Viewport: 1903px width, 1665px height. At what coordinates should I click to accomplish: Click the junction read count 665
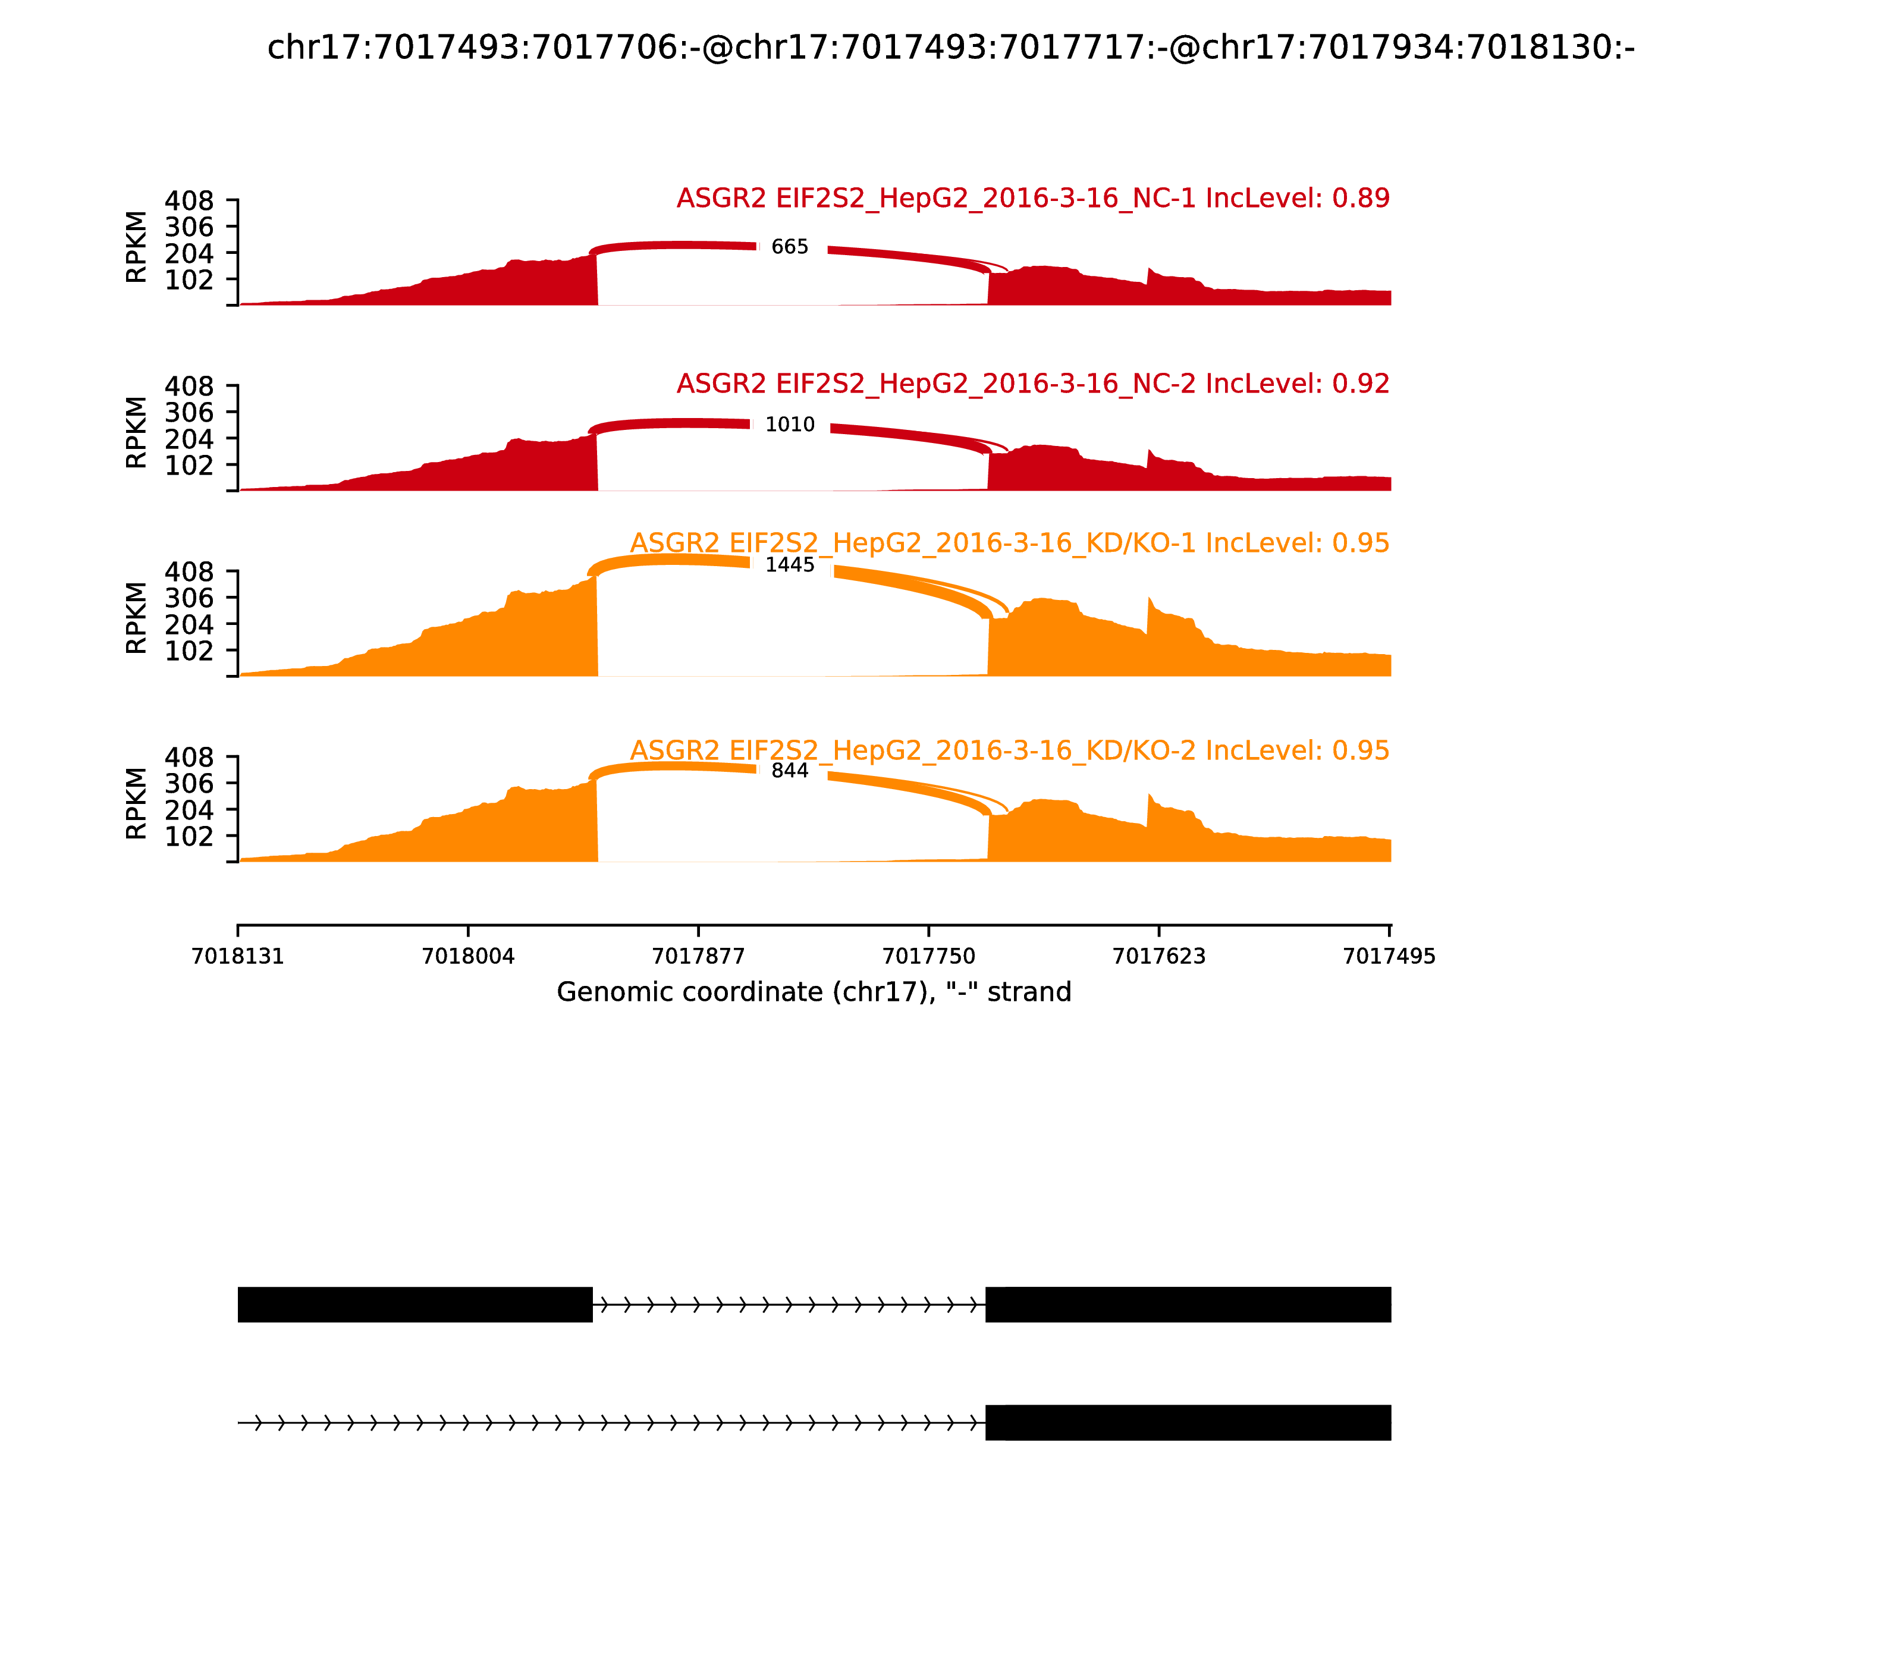[x=790, y=247]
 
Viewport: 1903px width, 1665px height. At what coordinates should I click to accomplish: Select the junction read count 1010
[x=790, y=425]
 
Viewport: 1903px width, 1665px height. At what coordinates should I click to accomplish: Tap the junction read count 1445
[x=790, y=565]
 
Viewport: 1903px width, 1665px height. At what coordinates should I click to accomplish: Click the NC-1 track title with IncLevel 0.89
[x=1032, y=199]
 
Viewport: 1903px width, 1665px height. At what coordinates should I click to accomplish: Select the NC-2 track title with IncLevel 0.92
[x=1032, y=384]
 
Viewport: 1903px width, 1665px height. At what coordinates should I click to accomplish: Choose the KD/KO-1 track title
[x=1009, y=544]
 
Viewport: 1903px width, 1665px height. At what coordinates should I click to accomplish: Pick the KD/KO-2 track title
[x=1009, y=750]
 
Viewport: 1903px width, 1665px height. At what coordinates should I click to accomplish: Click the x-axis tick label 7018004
[x=469, y=956]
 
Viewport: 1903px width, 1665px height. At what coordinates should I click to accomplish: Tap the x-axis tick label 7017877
[x=699, y=956]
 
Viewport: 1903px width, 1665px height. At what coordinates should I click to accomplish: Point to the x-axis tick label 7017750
[x=928, y=956]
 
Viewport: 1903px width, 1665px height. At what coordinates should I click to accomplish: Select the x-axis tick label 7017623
[x=1158, y=956]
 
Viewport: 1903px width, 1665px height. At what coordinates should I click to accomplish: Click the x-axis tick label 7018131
[x=238, y=956]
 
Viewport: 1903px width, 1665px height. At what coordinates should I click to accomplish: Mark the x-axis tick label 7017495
[x=1389, y=956]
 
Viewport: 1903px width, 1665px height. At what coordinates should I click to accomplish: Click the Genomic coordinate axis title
[x=814, y=992]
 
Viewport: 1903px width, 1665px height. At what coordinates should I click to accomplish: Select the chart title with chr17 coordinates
[x=950, y=48]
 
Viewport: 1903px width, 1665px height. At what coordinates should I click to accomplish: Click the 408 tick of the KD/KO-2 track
[x=190, y=758]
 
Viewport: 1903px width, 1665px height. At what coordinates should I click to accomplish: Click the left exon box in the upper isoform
[x=415, y=1305]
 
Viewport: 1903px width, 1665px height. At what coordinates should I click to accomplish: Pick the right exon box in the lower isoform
[x=1188, y=1422]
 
